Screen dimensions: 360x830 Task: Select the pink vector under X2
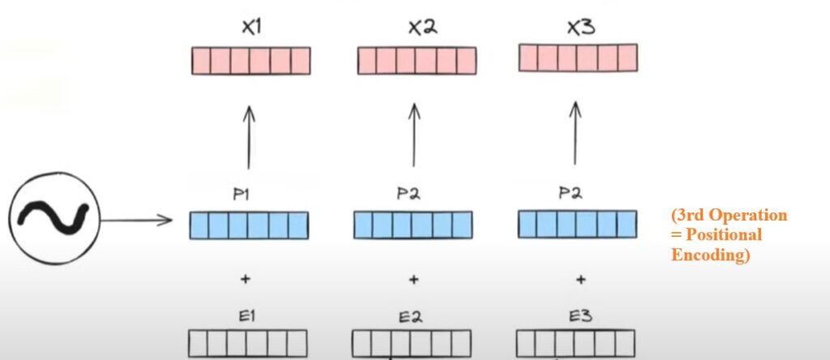pos(417,61)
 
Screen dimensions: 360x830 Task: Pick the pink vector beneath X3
pos(577,57)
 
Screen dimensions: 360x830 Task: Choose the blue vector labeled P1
pos(249,225)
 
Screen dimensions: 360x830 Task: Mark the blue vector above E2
pos(413,225)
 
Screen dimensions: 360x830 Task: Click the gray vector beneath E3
pos(575,341)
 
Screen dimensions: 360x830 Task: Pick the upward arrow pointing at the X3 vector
pos(575,133)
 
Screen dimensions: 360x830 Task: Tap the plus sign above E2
pos(413,280)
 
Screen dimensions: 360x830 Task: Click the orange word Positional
pos(716,234)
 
